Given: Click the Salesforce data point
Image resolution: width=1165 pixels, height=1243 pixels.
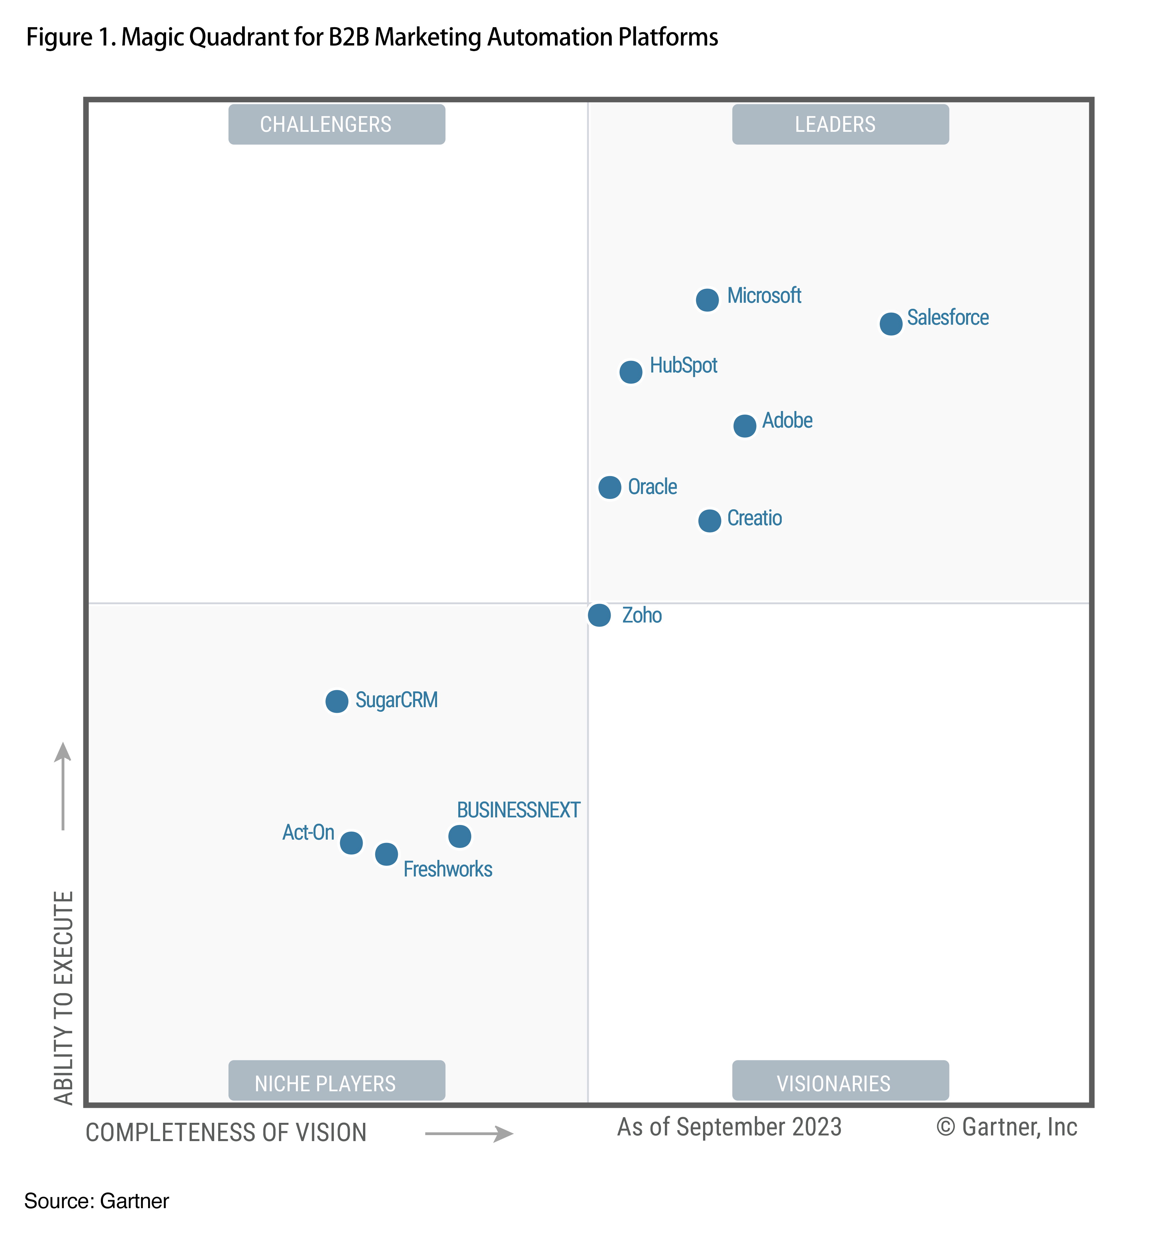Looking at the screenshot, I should [x=890, y=324].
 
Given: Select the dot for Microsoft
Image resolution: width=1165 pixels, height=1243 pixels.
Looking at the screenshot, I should [x=707, y=300].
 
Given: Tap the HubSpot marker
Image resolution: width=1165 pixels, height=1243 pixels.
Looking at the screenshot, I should [x=630, y=372].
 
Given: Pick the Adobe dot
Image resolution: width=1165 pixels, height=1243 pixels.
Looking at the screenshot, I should [x=744, y=426].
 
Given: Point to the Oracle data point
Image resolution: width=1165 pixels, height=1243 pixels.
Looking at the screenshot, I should [x=610, y=487].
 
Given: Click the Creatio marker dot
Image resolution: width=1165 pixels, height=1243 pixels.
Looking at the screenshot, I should [x=709, y=520].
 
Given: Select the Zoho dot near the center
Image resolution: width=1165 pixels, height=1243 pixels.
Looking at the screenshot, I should [x=599, y=615].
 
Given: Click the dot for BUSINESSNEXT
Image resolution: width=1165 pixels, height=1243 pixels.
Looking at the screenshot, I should [x=460, y=836].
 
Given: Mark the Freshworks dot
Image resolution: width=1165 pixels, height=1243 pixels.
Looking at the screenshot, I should [x=387, y=854].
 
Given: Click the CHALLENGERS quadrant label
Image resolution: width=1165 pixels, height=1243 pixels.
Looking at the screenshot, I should [x=336, y=124].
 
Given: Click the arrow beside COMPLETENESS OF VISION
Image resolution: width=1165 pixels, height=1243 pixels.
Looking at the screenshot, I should [x=469, y=1133].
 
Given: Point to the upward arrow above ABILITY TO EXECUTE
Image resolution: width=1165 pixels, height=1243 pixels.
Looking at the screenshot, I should [x=62, y=785].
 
